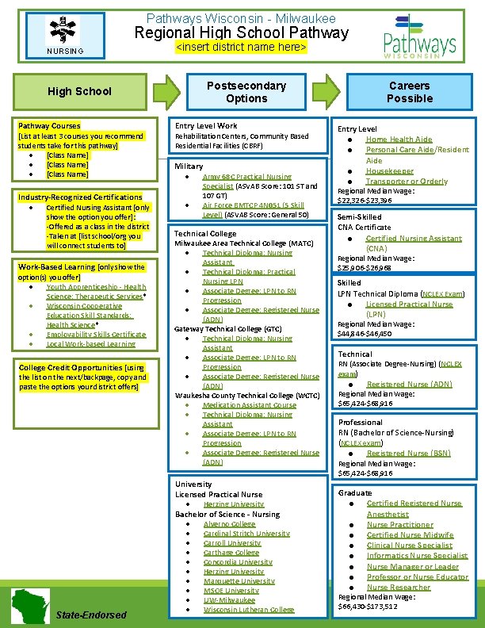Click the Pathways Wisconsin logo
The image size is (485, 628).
point(420,36)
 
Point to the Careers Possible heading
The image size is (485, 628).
point(410,92)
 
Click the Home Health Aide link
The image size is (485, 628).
point(399,140)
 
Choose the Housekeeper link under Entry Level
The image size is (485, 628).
point(389,170)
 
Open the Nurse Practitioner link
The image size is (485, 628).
point(399,524)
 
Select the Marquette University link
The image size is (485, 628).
point(227,581)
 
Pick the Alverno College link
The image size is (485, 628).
point(229,524)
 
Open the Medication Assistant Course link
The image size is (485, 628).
point(249,405)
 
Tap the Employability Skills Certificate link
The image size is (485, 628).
point(96,335)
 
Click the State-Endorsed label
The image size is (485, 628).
point(92,615)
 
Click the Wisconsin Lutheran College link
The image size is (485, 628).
point(248,610)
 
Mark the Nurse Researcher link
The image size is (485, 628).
point(399,587)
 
